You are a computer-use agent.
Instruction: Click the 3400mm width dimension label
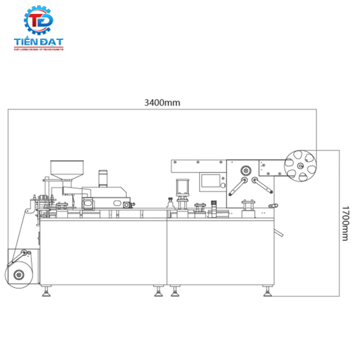(x=163, y=103)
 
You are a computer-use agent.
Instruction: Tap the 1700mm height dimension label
(x=344, y=225)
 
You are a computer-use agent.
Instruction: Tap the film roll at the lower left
(x=19, y=273)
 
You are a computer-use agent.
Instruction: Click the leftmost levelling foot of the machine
(x=47, y=293)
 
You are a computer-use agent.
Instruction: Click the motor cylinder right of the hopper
(x=103, y=177)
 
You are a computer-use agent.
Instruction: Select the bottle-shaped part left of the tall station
(x=169, y=203)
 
